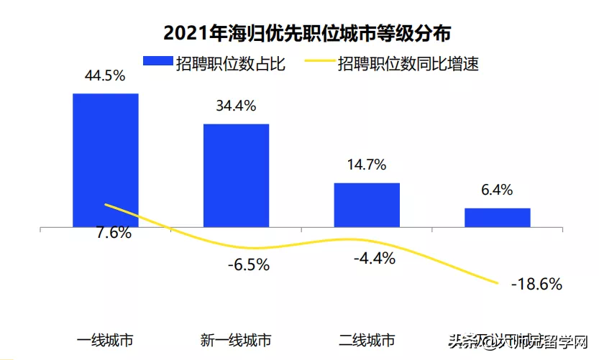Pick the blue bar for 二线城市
click(367, 206)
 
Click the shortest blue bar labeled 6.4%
click(497, 218)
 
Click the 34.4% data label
click(236, 106)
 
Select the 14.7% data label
click(366, 165)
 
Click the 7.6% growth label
click(114, 233)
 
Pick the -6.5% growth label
click(248, 265)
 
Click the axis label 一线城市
click(105, 340)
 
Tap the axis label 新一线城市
click(236, 340)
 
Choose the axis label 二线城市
click(367, 340)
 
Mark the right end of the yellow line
click(498, 282)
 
